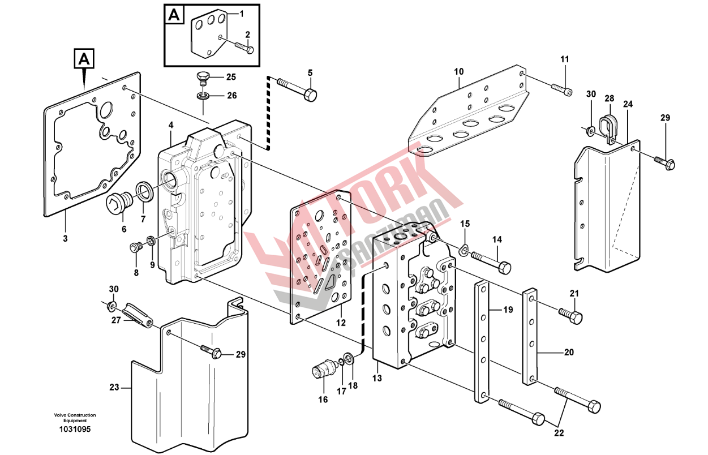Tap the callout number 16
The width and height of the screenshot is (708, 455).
323,400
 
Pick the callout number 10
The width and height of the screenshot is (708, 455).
458,72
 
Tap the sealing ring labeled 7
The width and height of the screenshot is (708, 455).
145,191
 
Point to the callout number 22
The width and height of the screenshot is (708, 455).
559,433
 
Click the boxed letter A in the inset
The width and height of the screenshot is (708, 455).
174,15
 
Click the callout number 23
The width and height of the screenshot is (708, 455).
114,388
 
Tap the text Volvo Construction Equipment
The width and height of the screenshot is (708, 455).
75,418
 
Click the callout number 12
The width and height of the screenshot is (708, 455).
340,323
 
